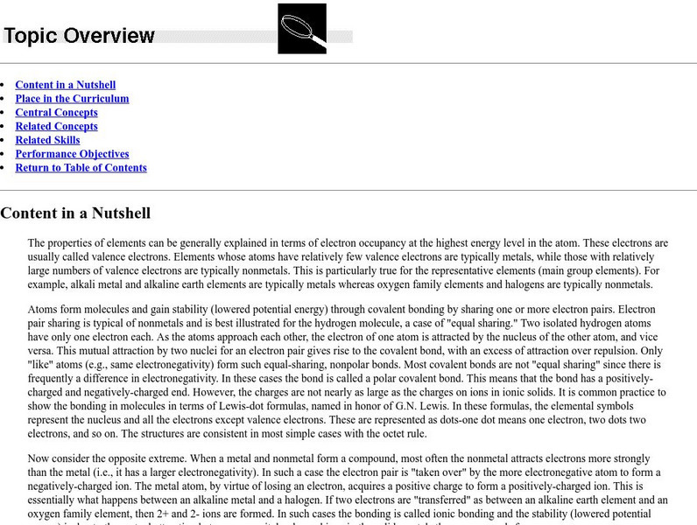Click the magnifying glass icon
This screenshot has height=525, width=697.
click(302, 29)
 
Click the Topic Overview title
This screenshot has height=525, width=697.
click(80, 36)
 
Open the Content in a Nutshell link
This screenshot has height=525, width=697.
click(65, 85)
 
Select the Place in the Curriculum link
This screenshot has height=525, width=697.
click(72, 99)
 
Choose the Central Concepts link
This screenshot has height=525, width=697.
click(56, 113)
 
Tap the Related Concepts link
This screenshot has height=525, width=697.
click(56, 127)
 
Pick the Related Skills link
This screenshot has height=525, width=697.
click(47, 140)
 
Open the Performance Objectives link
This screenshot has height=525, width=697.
click(72, 154)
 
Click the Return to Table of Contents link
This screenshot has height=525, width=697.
click(81, 168)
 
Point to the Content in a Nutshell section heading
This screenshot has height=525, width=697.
click(75, 213)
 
